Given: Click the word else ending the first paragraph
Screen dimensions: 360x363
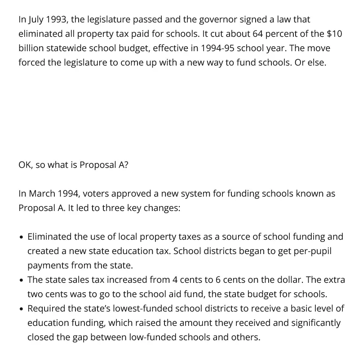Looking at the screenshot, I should pyautogui.click(x=316, y=63).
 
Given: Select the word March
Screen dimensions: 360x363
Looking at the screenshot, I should pyautogui.click(x=42, y=194).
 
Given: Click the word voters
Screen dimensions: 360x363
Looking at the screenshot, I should pyautogui.click(x=95, y=194).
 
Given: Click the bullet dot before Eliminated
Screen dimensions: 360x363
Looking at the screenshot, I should pyautogui.click(x=22, y=237).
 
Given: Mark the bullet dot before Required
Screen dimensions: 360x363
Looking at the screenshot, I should pyautogui.click(x=22, y=309).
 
